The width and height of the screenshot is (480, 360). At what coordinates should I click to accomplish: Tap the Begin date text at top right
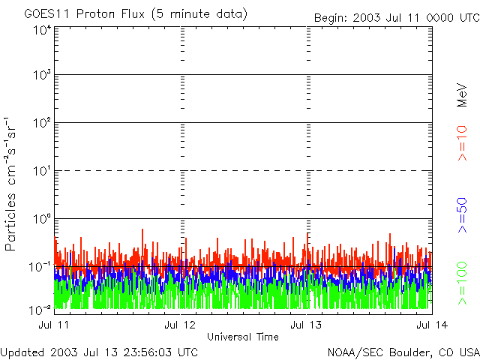point(397,18)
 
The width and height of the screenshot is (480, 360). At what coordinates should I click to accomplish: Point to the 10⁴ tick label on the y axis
point(43,31)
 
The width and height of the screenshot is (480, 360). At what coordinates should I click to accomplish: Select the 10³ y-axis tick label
point(43,75)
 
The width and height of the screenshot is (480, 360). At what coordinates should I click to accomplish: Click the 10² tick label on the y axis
point(43,123)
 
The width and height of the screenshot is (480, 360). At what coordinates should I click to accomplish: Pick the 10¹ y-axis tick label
point(43,171)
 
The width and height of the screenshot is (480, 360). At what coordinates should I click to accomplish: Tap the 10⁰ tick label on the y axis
point(43,219)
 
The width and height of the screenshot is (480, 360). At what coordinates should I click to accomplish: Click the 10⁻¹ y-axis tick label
point(40,267)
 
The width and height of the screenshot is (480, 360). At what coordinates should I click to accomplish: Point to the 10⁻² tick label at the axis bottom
point(40,310)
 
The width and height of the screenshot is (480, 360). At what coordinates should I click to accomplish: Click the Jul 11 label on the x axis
point(54,325)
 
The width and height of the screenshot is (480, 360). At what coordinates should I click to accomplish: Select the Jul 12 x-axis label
point(180,325)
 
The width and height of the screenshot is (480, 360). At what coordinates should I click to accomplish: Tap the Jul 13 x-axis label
point(306,325)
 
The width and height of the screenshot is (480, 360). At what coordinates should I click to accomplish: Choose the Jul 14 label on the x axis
point(432,325)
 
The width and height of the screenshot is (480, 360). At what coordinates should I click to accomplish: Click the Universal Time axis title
point(243,337)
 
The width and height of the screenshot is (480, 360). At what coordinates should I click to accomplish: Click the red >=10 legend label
point(462,143)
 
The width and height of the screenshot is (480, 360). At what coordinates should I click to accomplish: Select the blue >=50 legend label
point(462,215)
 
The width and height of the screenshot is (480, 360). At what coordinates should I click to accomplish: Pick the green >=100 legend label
point(462,283)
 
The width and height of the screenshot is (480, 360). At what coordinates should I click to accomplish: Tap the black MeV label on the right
point(462,95)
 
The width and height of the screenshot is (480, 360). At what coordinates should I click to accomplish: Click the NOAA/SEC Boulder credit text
point(403,352)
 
